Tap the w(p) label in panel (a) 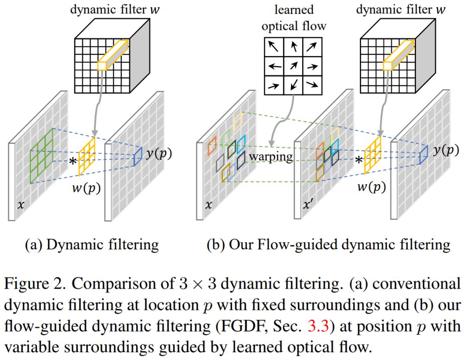[87, 188]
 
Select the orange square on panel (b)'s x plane [212, 146]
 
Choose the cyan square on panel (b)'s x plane [240, 142]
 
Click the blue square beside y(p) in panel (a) [138, 156]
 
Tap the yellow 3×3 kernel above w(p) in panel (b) [373, 154]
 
